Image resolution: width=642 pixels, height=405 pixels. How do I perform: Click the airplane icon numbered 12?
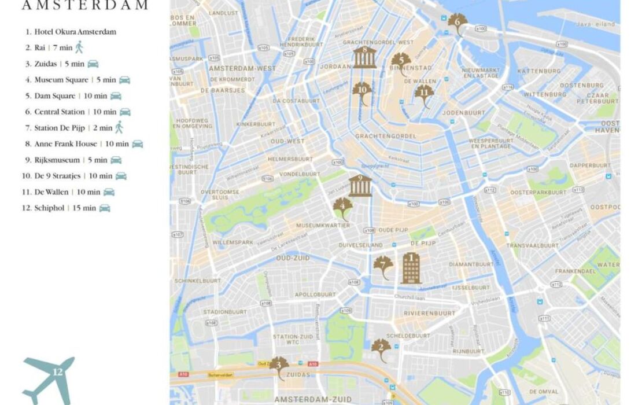[49, 378]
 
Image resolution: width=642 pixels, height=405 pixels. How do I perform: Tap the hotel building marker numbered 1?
[411, 267]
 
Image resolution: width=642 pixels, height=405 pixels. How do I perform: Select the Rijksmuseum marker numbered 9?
[360, 186]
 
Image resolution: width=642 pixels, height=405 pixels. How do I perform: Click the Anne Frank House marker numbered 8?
[364, 57]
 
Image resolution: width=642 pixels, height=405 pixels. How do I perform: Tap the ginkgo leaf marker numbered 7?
[383, 267]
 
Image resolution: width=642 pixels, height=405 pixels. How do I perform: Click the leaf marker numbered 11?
[424, 95]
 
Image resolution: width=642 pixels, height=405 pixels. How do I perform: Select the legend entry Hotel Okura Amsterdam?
[75, 32]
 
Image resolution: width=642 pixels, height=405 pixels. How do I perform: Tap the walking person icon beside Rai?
[79, 47]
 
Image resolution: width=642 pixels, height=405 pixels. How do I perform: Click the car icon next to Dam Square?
[116, 96]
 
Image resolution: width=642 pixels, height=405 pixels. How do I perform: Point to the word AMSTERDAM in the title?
[84, 6]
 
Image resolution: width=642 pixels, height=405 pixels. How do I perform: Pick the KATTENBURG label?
[539, 71]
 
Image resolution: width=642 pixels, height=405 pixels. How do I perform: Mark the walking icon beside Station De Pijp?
[119, 127]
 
